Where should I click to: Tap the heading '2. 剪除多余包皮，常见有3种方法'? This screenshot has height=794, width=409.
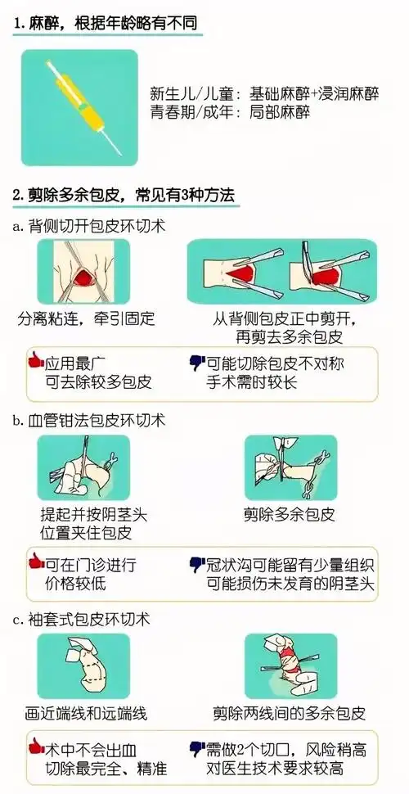[x=124, y=196]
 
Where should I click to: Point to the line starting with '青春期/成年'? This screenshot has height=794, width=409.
[x=231, y=112]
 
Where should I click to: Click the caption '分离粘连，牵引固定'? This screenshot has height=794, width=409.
[x=86, y=318]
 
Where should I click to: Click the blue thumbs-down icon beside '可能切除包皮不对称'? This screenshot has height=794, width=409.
[x=196, y=360]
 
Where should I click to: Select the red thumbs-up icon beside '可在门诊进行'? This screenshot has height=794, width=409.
[x=35, y=562]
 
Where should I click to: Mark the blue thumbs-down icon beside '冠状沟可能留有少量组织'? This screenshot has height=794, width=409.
[x=196, y=563]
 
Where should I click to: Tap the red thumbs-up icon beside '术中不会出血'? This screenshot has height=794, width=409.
[x=35, y=747]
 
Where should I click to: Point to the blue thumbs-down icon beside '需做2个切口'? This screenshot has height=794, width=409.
[x=196, y=747]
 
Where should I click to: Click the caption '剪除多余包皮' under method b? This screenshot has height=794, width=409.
[x=290, y=515]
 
